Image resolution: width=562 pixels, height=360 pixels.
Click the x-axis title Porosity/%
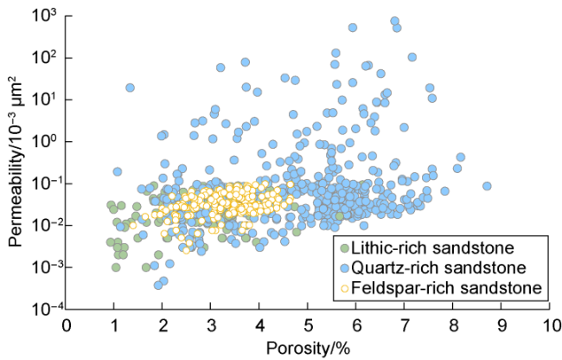(x=307, y=348)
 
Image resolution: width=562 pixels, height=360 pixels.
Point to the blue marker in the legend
(x=347, y=266)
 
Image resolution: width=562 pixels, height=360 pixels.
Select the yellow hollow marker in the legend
(x=347, y=286)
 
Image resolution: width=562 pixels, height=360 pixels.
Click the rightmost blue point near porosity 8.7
(x=488, y=186)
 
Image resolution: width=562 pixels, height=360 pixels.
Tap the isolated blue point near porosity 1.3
(x=131, y=87)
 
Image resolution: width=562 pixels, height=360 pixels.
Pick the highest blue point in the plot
(x=395, y=21)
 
